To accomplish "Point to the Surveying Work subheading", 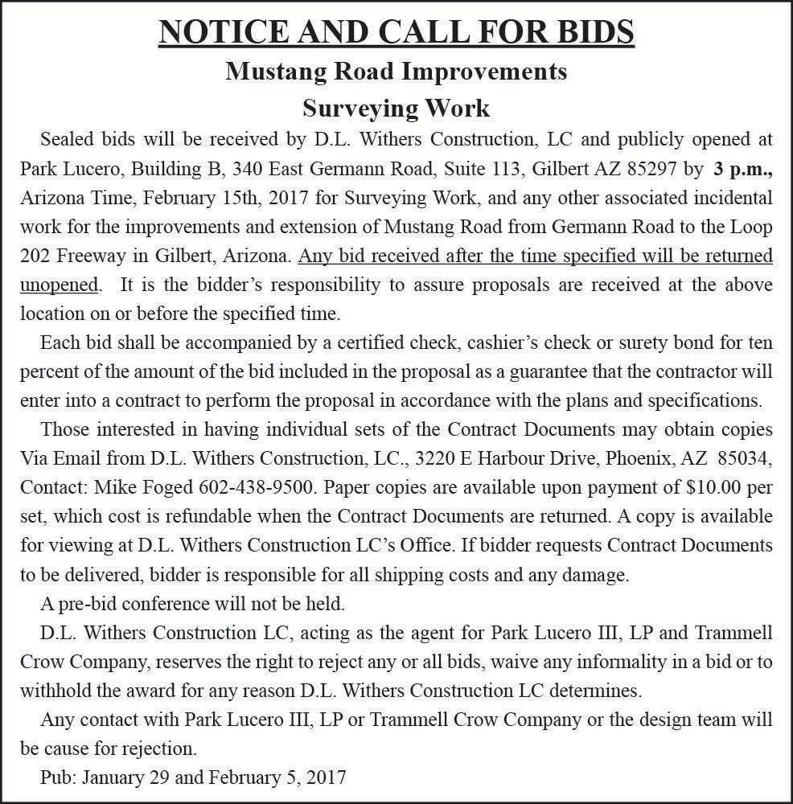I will coord(396,107).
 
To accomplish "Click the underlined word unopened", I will coord(60,285).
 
